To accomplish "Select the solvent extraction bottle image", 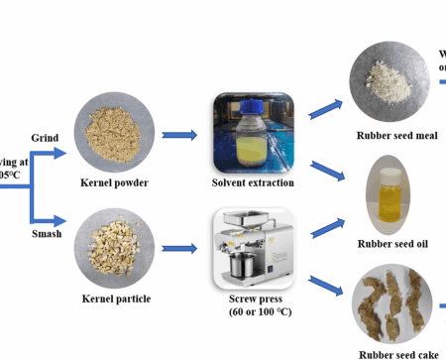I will click(254, 133).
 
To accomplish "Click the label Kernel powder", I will click(116, 182).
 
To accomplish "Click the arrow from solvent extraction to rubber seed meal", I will click(324, 106).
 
